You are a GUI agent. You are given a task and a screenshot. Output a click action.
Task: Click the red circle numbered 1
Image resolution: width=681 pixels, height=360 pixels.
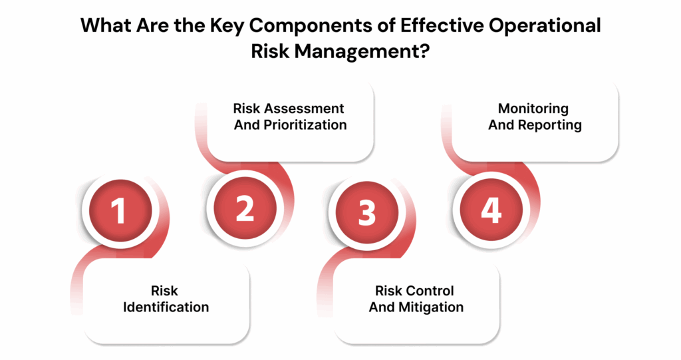tap(117, 211)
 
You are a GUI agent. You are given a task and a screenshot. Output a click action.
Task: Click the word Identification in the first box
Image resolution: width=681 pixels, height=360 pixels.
tap(166, 307)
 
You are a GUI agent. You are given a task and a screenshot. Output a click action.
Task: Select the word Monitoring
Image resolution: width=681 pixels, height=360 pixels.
tap(533, 108)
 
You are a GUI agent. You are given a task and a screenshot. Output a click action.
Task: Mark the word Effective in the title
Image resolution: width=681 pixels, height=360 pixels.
tap(416, 26)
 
